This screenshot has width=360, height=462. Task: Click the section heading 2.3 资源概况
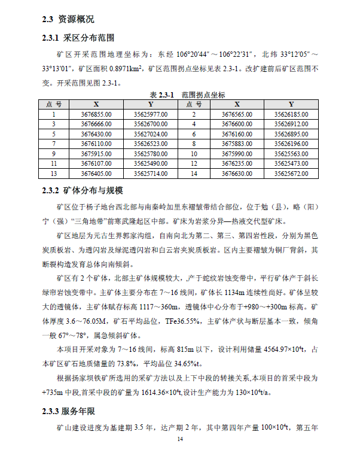tap(68, 20)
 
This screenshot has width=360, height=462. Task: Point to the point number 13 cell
tap(53, 174)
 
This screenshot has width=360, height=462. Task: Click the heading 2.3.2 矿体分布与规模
tap(83, 191)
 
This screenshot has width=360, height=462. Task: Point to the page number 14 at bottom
tap(180, 439)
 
